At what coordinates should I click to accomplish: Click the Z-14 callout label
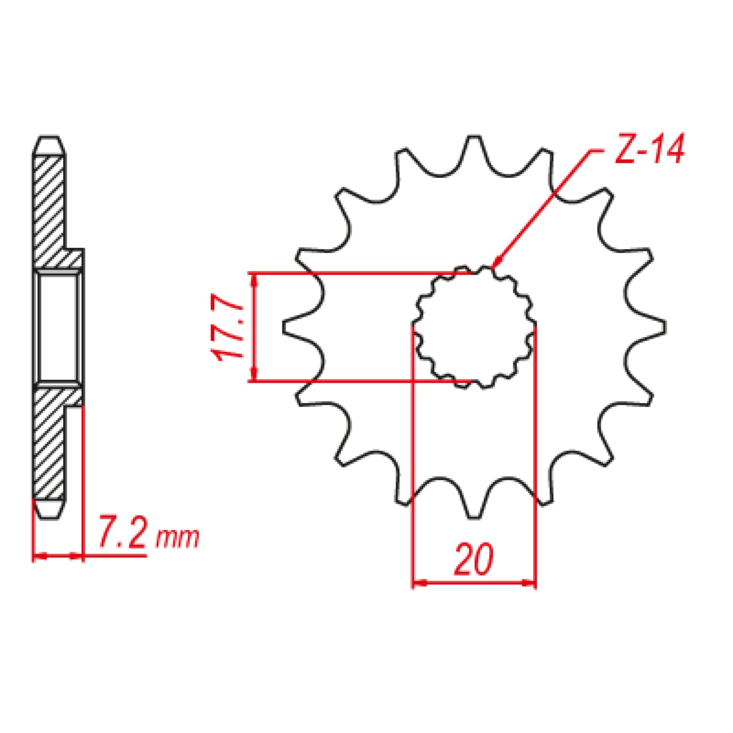(x=649, y=150)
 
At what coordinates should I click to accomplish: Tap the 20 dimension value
(x=474, y=560)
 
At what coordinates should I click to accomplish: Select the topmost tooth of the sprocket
(x=474, y=149)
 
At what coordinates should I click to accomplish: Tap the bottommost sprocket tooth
(x=474, y=506)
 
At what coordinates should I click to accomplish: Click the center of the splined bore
(x=474, y=328)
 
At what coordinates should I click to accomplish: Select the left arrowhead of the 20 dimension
(x=419, y=583)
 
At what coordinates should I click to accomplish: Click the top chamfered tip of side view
(x=49, y=146)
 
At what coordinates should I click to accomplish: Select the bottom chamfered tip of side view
(x=49, y=509)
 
